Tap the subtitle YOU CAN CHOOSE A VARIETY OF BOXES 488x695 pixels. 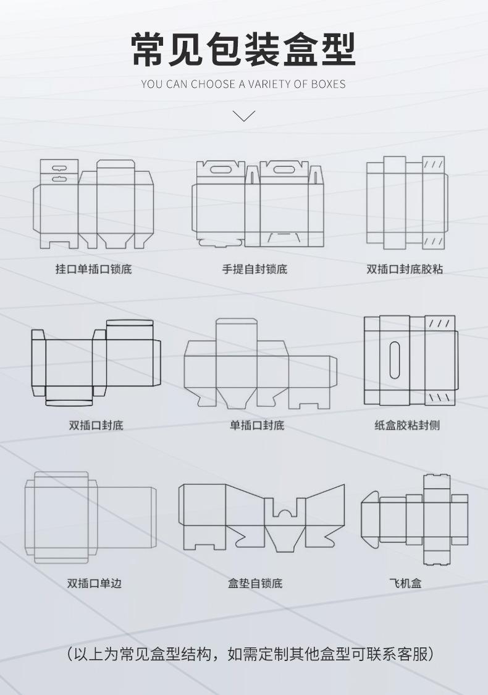(243, 83)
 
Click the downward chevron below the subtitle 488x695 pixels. (244, 115)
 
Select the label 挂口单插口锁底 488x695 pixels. (93, 270)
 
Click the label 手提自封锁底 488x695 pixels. (255, 270)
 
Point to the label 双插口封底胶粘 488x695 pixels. (405, 270)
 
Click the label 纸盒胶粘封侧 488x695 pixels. (407, 425)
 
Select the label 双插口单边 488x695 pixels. (95, 583)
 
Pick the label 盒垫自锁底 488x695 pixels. (255, 583)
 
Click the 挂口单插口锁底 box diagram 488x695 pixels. (93, 204)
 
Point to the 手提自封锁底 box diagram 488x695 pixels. (258, 204)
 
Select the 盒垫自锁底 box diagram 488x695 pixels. (261, 517)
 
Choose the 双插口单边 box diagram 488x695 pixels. (90, 517)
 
